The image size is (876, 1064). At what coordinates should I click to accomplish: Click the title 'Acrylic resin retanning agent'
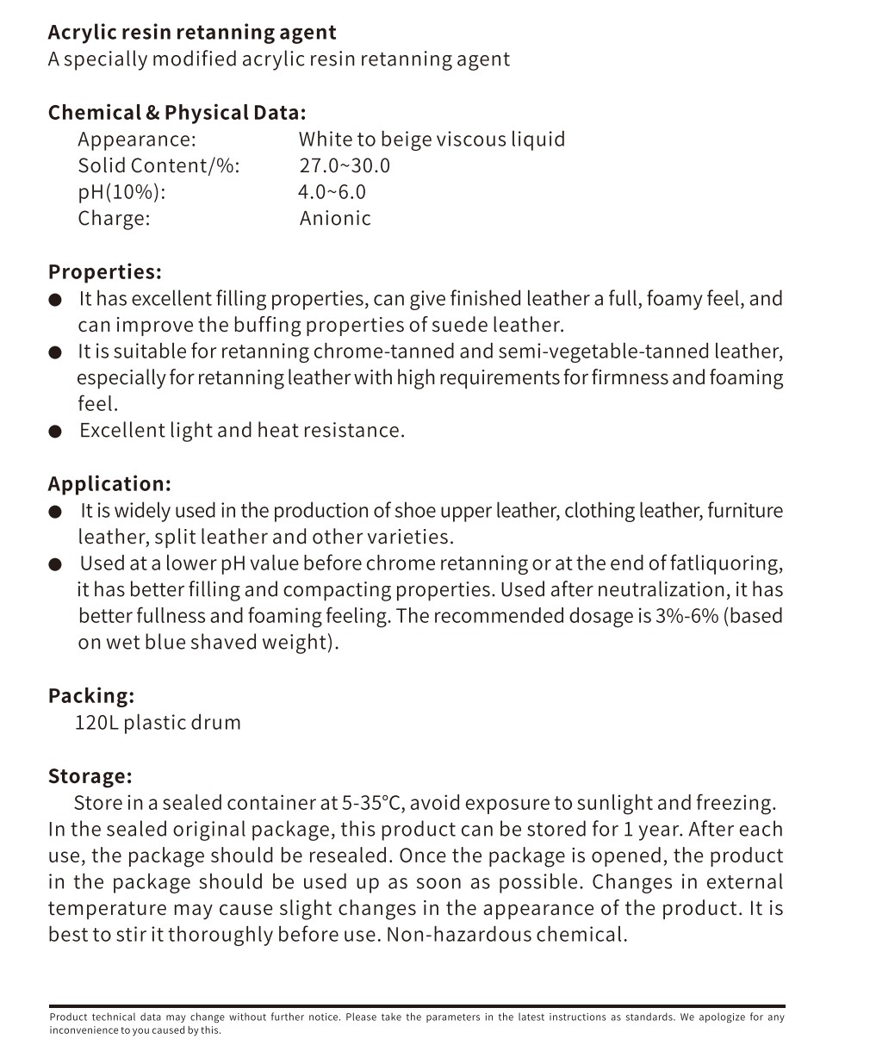(x=192, y=33)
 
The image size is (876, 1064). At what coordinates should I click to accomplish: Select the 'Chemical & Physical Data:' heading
(x=177, y=113)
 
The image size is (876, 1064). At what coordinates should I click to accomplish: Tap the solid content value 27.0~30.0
(x=345, y=165)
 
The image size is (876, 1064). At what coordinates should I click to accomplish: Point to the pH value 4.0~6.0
(x=332, y=192)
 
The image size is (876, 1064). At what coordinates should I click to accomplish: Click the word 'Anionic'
(x=335, y=219)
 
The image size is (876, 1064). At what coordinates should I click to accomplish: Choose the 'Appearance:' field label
(x=137, y=140)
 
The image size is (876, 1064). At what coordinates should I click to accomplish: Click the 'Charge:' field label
(x=114, y=219)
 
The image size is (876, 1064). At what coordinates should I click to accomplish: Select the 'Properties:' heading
(x=105, y=272)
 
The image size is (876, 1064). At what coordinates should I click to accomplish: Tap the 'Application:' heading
(x=109, y=484)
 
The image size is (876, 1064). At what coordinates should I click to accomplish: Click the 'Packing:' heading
(x=91, y=696)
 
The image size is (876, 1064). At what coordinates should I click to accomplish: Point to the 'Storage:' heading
(x=90, y=776)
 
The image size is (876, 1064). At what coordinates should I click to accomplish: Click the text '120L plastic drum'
(x=158, y=723)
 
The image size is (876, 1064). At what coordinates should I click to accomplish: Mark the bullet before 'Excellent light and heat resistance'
(x=56, y=432)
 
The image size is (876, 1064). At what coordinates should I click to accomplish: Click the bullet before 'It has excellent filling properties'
(x=56, y=300)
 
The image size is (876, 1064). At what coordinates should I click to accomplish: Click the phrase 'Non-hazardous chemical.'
(x=506, y=935)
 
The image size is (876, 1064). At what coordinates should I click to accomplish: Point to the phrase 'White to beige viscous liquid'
(x=432, y=140)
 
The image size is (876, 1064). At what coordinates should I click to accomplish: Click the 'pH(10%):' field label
(x=121, y=192)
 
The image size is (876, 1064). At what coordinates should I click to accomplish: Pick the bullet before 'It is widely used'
(x=56, y=512)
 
